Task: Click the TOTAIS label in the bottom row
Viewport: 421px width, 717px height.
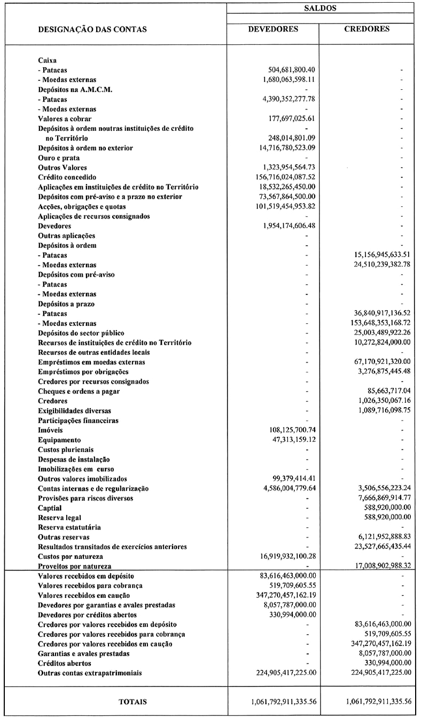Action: click(x=132, y=701)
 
